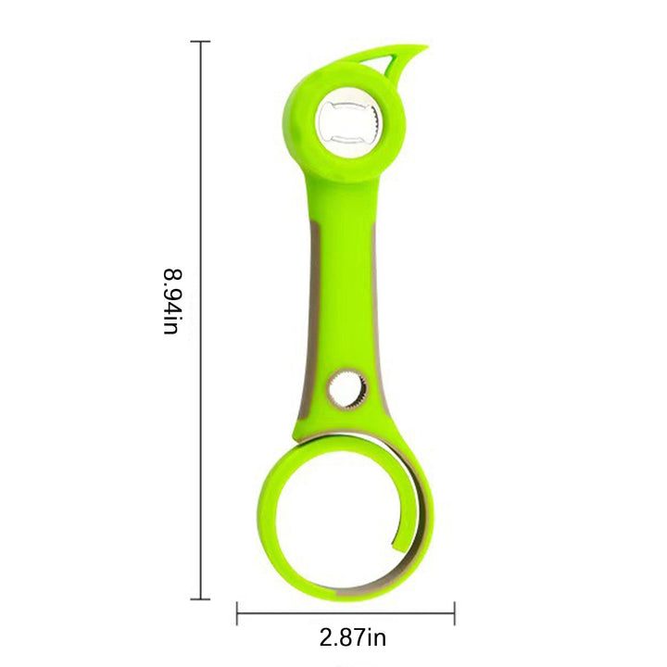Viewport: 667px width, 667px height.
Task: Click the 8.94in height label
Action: click(173, 302)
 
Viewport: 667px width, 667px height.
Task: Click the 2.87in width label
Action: click(353, 638)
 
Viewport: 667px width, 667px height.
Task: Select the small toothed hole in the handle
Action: click(348, 390)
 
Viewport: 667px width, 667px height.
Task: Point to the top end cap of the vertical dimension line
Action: click(200, 42)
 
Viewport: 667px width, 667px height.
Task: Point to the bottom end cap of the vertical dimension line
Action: click(200, 599)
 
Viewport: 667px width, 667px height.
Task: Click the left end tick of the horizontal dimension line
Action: click(237, 613)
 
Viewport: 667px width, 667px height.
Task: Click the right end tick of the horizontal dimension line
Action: click(455, 613)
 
